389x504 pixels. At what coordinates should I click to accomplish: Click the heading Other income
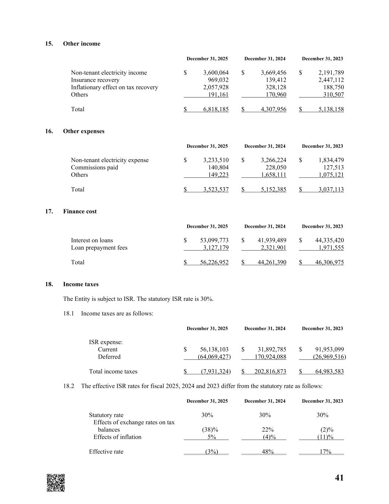pos(81,44)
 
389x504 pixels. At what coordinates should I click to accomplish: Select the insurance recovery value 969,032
pos(218,80)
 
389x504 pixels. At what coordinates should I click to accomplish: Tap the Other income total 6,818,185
pos(216,109)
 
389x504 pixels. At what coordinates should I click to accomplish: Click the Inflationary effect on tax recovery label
pos(114,88)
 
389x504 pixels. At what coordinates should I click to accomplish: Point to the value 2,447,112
pos(331,80)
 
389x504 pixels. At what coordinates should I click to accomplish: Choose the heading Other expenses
pos(84,131)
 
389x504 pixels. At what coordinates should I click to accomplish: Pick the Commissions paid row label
pos(94,168)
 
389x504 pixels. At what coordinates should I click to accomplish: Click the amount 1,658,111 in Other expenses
pos(273,175)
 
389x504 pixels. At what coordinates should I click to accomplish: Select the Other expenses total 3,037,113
pos(331,189)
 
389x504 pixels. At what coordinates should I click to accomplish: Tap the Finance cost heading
pos(80,211)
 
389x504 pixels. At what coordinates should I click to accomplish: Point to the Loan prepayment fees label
pos(99,248)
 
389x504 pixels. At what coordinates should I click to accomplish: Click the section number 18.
pos(49,284)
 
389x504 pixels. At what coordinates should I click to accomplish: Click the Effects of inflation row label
pos(117,437)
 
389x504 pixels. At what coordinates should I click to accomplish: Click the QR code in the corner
pos(56,483)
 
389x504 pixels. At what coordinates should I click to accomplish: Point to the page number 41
pos(339,478)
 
